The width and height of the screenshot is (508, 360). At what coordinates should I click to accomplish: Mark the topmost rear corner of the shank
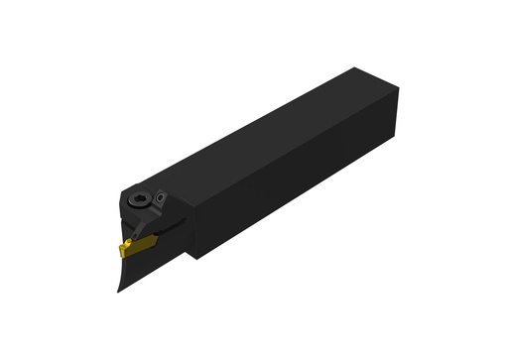coord(354,66)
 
